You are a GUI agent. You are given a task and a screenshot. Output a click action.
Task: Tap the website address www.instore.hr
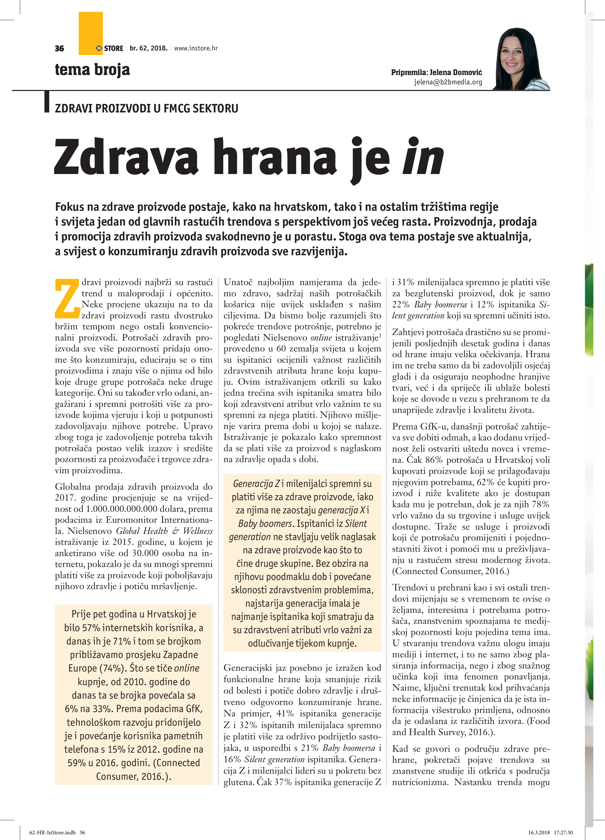pos(196,48)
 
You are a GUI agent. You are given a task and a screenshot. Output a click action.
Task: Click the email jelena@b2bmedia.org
pos(448,82)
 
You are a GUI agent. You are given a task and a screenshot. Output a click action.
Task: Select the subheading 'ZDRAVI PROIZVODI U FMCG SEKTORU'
pos(147,109)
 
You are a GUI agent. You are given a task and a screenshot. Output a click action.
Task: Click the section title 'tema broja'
pos(93,70)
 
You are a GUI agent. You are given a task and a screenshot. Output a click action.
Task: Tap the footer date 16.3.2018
pos(539,833)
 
